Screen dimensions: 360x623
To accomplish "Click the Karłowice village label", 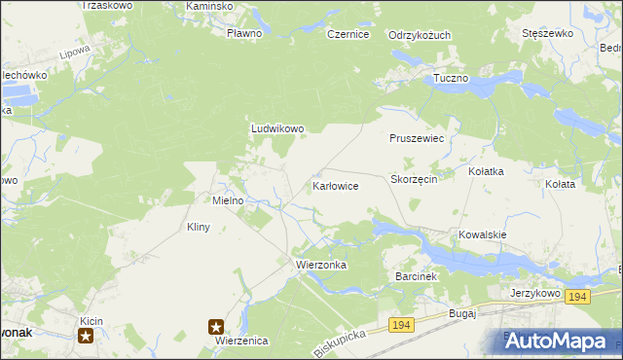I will tap(336, 185).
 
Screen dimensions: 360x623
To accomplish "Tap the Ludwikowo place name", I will tap(278, 127).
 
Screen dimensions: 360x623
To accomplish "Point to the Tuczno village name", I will tap(451, 78).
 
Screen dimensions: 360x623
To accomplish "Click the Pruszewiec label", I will tap(417, 139).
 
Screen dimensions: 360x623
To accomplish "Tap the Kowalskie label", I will tap(484, 234).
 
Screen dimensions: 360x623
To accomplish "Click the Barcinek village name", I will tap(420, 276).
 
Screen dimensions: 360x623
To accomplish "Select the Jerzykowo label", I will tap(535, 292).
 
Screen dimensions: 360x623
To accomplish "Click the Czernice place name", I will tap(348, 34).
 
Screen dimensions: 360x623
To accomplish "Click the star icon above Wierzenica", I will tap(216, 327).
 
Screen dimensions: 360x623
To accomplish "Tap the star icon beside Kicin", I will tap(87, 336).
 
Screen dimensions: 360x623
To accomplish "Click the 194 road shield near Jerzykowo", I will tap(577, 297).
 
